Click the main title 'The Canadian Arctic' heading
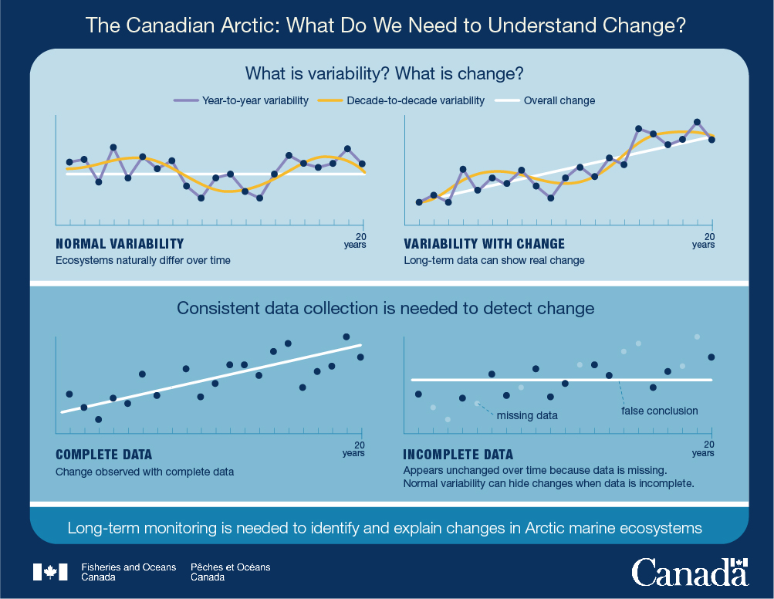tap(386, 25)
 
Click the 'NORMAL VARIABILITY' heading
tap(120, 244)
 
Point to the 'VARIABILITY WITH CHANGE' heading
tap(484, 244)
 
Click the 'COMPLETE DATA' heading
tap(103, 454)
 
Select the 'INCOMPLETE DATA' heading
tap(458, 454)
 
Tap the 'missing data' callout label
tap(527, 416)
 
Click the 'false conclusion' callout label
tap(659, 411)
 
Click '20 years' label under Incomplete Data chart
tap(703, 448)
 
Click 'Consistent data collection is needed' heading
tap(386, 308)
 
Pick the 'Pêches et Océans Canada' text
tap(230, 572)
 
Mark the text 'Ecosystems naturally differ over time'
tap(143, 261)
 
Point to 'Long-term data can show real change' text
tap(494, 261)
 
